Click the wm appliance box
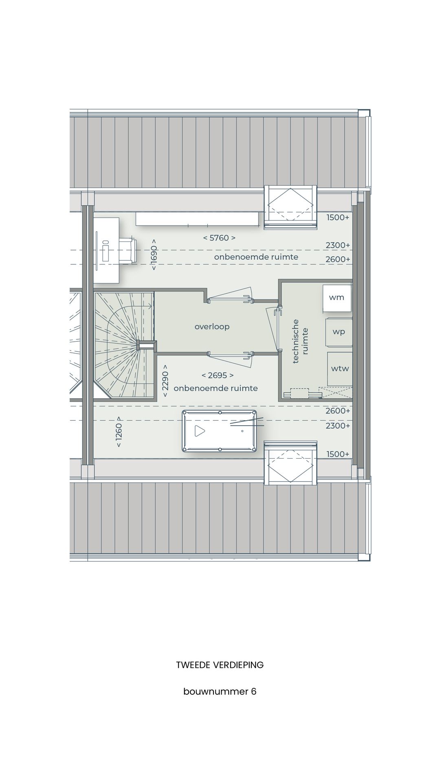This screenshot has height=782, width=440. pos(337,298)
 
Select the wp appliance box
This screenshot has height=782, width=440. pos(339,332)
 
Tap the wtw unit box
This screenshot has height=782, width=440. pos(340,369)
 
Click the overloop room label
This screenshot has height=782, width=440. pos(212,327)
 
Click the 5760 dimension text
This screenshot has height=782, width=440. pos(219,238)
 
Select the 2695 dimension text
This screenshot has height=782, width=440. pos(218,375)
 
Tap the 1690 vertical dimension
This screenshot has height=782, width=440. pos(154,255)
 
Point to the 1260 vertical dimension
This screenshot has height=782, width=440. pos(119,432)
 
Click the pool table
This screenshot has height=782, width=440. pos(220,431)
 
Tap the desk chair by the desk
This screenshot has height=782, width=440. pos(128,250)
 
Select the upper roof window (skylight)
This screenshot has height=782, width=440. pos(290,207)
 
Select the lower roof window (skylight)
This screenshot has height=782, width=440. pos(290,463)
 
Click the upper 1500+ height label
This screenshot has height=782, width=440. pos(338,217)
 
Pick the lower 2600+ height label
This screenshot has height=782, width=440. pos(338,411)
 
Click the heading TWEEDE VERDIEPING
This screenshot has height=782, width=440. pos(220,665)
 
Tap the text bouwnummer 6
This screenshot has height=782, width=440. pos(220,692)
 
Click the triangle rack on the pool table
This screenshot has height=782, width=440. pos(199,431)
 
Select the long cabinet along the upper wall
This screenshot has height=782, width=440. pos(197,219)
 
